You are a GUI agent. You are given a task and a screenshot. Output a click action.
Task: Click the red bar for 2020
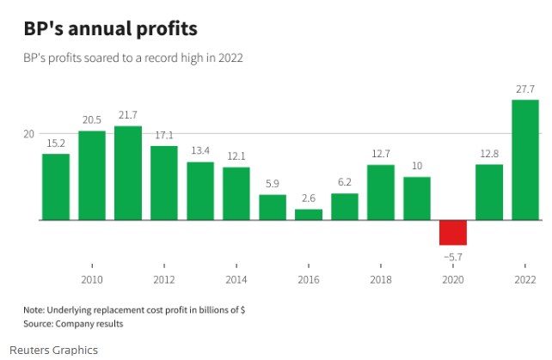coord(452,233)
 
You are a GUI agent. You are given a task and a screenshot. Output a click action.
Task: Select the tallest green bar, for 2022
coord(524,160)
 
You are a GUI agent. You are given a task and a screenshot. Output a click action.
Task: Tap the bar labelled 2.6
coord(309,214)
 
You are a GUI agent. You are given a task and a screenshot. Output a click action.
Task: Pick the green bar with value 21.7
coord(128,173)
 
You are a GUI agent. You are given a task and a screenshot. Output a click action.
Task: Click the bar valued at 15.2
coord(56,186)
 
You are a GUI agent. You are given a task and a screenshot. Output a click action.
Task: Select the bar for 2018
coord(381,192)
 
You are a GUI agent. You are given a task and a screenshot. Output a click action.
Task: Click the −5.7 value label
coord(452,256)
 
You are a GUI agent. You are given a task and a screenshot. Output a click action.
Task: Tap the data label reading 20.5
coord(92,119)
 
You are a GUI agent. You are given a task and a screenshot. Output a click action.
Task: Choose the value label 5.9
coord(273,183)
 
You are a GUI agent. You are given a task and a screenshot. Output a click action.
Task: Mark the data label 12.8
coord(488,153)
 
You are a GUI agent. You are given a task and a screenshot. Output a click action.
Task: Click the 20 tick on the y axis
coord(29,134)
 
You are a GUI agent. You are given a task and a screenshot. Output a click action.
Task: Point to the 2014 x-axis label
coord(236,280)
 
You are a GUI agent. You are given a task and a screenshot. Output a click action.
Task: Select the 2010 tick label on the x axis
coord(92,280)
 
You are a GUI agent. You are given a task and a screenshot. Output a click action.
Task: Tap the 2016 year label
coord(309,280)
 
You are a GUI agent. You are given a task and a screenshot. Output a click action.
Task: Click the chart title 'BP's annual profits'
coord(110,28)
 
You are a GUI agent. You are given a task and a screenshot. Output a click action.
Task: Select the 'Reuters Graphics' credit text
coord(53,350)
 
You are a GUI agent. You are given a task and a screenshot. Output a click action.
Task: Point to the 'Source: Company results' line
coord(73,324)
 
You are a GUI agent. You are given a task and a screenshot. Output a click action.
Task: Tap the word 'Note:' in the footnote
coord(35,309)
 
